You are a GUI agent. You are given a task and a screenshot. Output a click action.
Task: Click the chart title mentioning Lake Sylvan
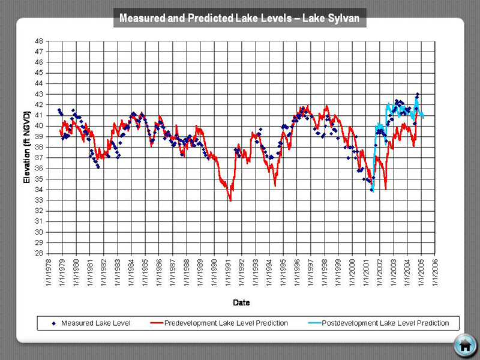pos(239,18)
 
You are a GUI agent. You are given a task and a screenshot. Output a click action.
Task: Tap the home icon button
pos(464,345)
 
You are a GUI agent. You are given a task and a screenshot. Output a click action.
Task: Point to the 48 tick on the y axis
pos(38,41)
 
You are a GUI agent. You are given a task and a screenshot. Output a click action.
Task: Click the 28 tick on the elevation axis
pos(38,253)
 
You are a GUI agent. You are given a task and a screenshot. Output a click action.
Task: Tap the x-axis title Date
pos(241,302)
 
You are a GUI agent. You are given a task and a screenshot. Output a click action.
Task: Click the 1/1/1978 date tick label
pos(48,273)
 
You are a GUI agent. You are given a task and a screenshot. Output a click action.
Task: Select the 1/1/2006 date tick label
pos(435,273)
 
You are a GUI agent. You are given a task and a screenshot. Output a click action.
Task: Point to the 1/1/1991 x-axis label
pos(227,273)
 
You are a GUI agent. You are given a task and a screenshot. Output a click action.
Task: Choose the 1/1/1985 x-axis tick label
pos(145,273)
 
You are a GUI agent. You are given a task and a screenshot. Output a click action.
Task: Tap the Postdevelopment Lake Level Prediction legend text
pos(385,323)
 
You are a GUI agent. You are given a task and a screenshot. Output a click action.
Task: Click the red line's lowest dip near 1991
pos(230,200)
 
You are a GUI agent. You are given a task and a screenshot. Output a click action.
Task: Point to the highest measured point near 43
pos(417,94)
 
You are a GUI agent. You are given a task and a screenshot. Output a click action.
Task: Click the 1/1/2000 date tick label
pos(352,273)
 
